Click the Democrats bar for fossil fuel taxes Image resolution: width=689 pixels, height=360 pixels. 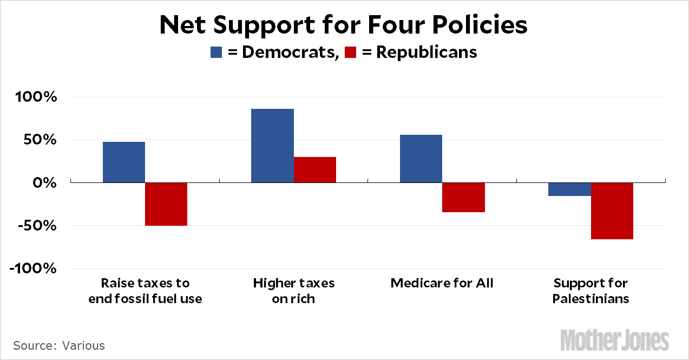pyautogui.click(x=124, y=162)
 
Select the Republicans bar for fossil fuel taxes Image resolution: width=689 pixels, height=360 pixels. pyautogui.click(x=166, y=204)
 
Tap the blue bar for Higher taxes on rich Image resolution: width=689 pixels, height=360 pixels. pyautogui.click(x=273, y=146)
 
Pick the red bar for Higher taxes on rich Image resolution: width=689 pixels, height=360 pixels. pyautogui.click(x=315, y=170)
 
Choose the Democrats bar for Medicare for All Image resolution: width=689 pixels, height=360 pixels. pyautogui.click(x=421, y=159)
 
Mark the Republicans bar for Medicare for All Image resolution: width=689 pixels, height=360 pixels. pyautogui.click(x=463, y=198)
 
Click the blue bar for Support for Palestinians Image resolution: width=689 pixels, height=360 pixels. pyautogui.click(x=570, y=189)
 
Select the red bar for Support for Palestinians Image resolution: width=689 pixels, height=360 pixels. pyautogui.click(x=612, y=211)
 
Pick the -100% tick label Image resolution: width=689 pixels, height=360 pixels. pyautogui.click(x=32, y=269)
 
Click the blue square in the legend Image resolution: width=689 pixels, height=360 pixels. pyautogui.click(x=216, y=52)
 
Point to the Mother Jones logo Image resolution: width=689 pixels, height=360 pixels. pyautogui.click(x=614, y=340)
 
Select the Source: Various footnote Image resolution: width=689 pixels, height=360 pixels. pyautogui.click(x=59, y=345)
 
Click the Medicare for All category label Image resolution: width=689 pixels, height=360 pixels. pyautogui.click(x=442, y=283)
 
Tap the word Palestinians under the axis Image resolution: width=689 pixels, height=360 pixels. pyautogui.click(x=590, y=298)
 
